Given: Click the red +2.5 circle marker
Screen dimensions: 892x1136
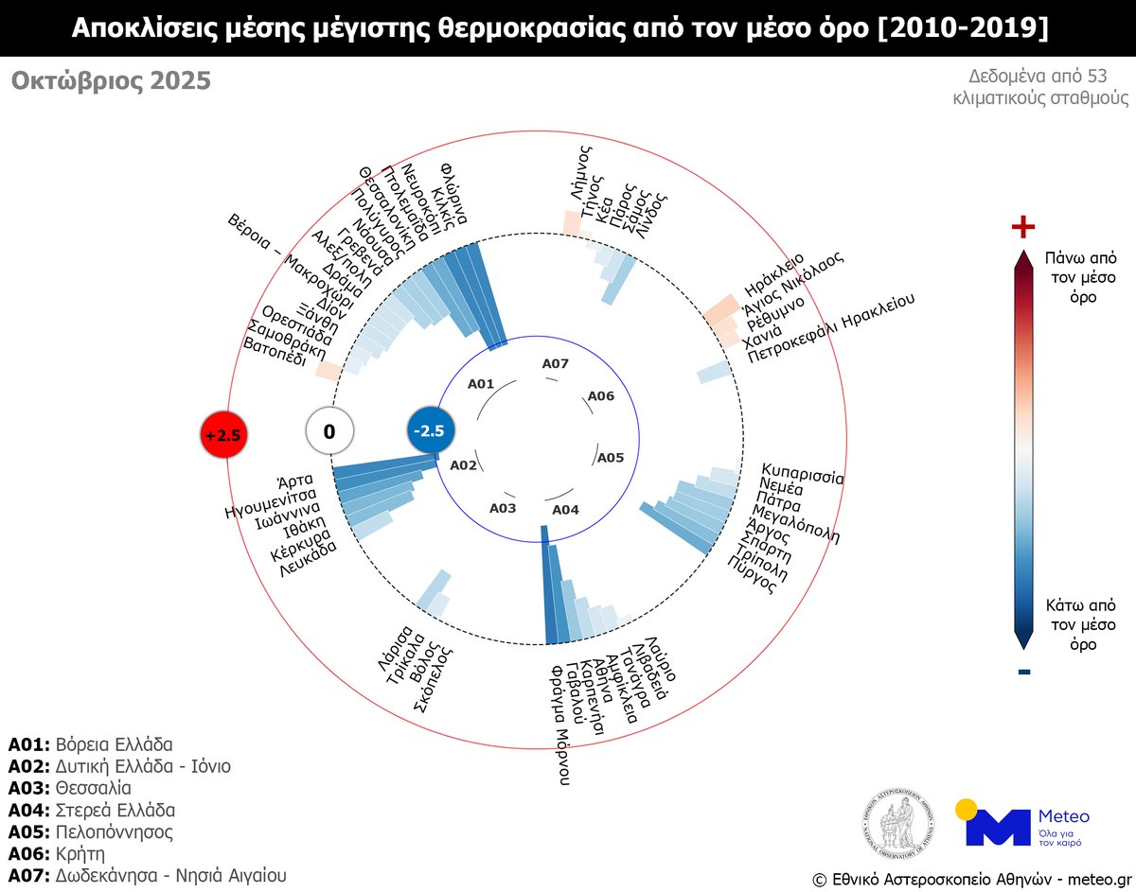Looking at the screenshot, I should coord(225,435).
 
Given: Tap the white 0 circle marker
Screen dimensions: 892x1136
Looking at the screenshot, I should coord(328,432).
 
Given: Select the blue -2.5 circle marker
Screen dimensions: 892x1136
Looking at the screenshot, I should coord(431,430).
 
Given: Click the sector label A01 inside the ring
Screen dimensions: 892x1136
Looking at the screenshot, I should coord(482,384).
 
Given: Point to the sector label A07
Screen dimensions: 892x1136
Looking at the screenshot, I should coord(555,363).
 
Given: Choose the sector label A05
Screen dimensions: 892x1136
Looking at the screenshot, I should coord(610,458).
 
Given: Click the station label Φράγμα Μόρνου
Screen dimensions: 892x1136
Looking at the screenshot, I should coord(561,724).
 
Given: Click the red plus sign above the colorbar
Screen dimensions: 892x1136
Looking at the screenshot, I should coord(1023,227).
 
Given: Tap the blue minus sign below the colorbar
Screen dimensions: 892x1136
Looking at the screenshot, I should coord(1023,673).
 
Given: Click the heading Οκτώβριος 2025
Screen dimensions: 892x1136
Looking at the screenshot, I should coord(111,82).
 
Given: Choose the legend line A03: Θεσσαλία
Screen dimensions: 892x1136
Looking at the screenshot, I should coord(70,788).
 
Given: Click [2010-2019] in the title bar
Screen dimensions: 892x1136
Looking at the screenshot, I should coord(964,27).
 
